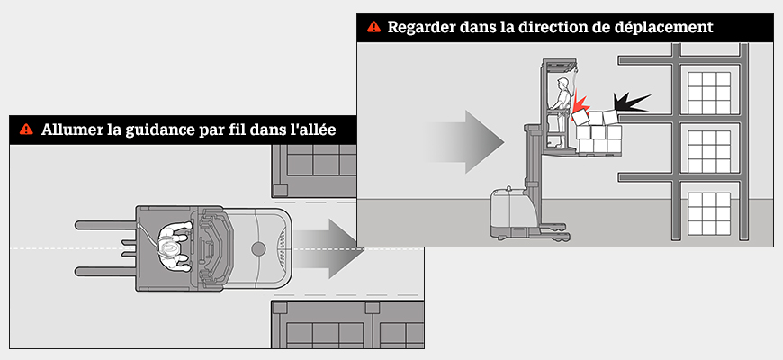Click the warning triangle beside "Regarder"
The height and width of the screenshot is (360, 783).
[x=373, y=27]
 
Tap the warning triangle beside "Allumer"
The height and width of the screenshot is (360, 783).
[x=26, y=130]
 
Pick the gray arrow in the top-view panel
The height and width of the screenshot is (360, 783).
[x=329, y=248]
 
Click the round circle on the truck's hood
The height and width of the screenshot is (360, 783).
[x=258, y=247]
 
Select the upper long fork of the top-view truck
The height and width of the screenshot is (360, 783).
[x=104, y=223]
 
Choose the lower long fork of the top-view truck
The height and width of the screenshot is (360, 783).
[x=104, y=269]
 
